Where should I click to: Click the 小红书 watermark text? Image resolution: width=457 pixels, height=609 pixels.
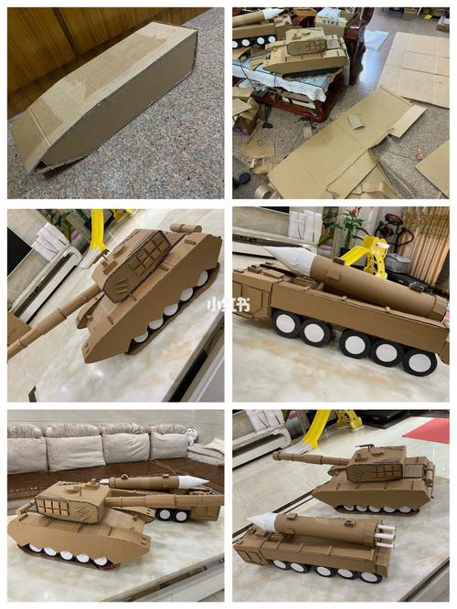point(228,305)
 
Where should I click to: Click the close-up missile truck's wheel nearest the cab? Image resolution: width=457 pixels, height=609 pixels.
point(287,323)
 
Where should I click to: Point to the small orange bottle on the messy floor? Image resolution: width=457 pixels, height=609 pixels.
point(420,154)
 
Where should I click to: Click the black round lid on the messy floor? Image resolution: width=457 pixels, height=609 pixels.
point(244,178)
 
